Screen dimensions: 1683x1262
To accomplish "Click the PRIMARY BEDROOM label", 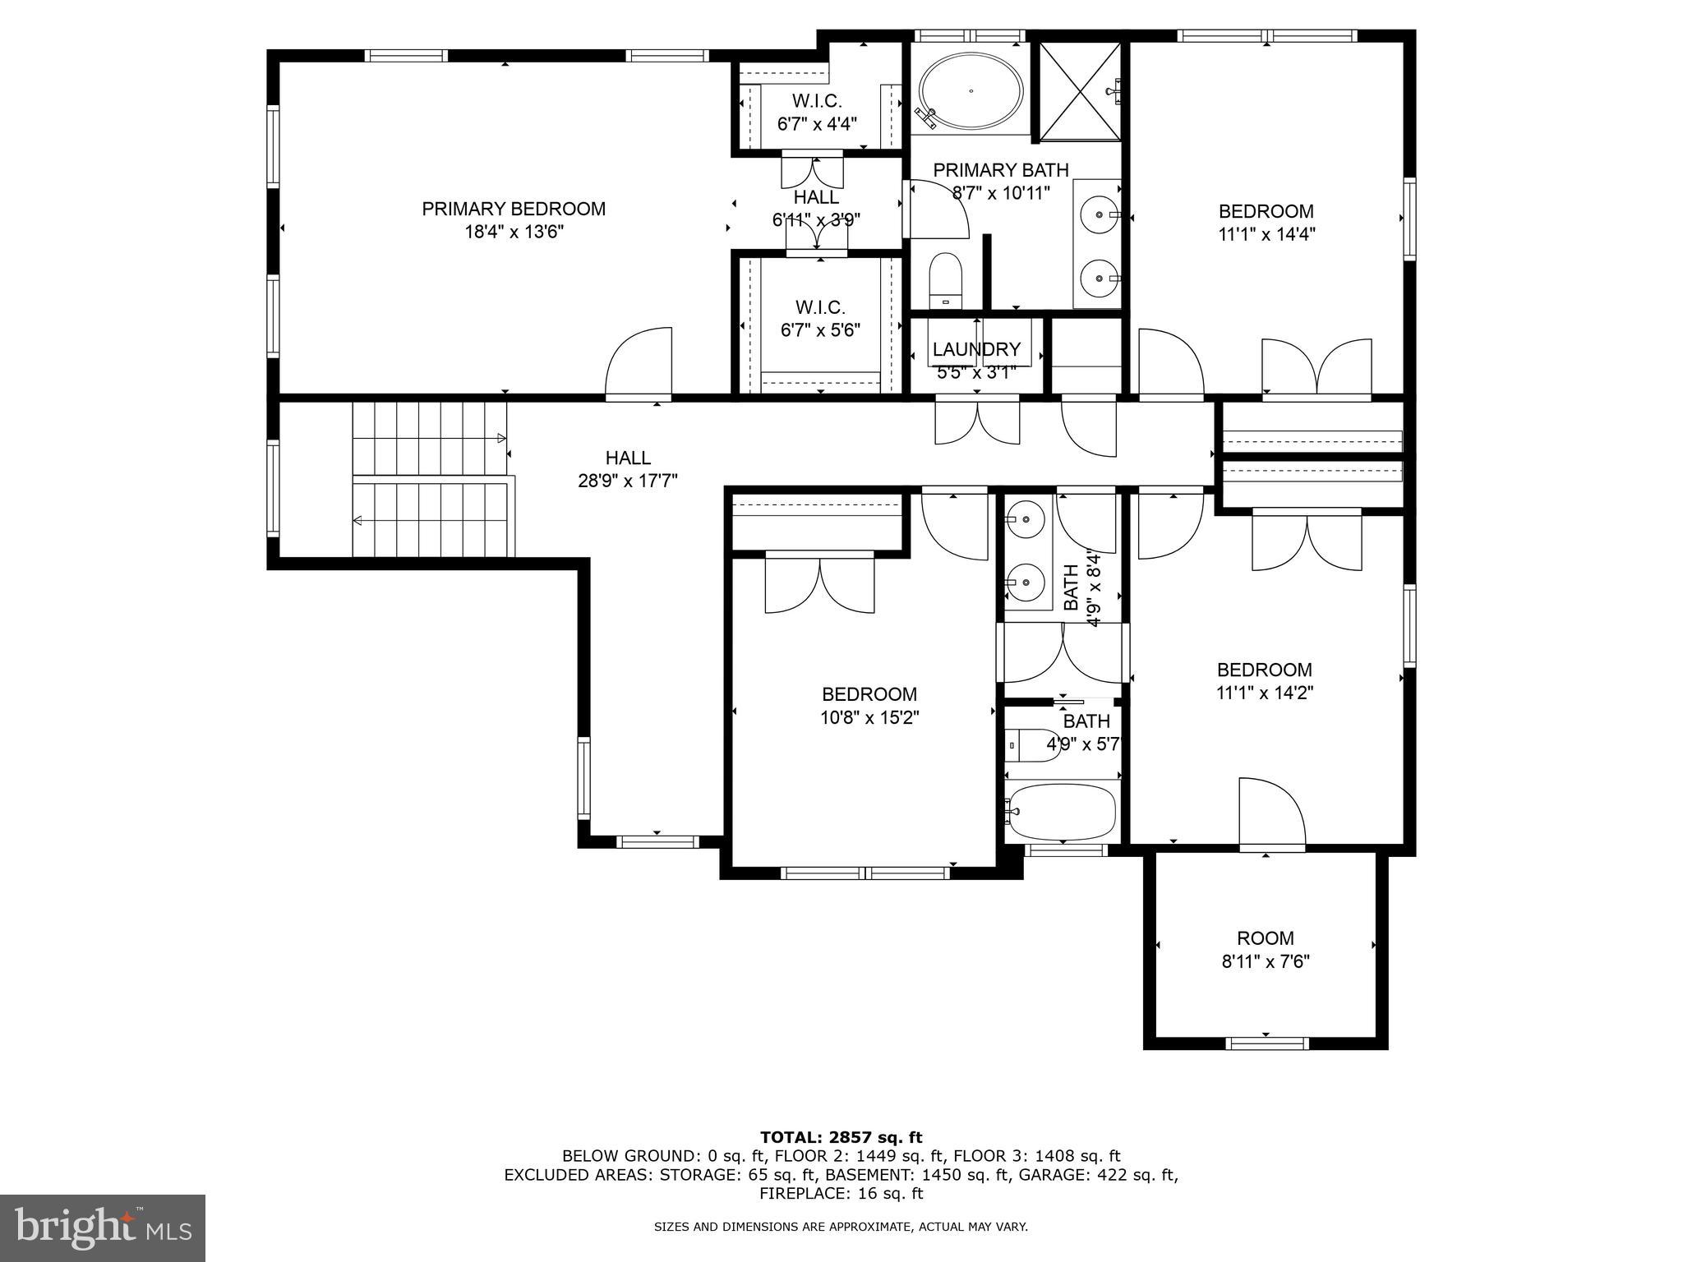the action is [x=514, y=209].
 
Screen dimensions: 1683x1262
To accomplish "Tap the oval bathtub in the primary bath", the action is [x=971, y=91].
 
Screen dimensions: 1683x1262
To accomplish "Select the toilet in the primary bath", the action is [x=946, y=280].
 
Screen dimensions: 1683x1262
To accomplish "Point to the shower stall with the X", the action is [x=1080, y=91].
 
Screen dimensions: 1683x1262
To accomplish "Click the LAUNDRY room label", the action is [x=976, y=349].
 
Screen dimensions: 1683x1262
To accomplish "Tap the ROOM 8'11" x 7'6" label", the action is [x=1266, y=950].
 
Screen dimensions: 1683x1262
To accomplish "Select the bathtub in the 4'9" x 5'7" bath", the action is [x=1062, y=811].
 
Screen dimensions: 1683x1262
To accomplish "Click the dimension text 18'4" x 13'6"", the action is [x=514, y=232].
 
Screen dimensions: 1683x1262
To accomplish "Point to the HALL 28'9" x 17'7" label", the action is [x=628, y=469].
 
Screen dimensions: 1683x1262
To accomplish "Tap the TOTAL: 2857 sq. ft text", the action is [x=841, y=1138].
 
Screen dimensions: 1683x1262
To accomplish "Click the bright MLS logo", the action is [x=103, y=1228].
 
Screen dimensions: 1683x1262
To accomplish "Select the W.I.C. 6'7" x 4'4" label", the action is [x=817, y=113].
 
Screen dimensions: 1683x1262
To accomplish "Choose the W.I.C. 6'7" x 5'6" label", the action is [x=820, y=319].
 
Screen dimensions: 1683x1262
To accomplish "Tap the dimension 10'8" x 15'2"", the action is [x=869, y=717].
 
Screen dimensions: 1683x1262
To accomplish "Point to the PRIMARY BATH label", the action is [x=1001, y=170].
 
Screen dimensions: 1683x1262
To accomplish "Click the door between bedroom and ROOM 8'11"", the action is [x=1272, y=813].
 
